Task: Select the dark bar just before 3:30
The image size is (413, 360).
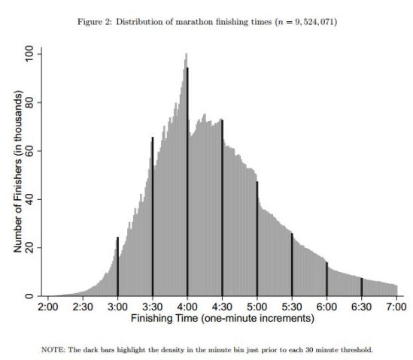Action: (x=153, y=217)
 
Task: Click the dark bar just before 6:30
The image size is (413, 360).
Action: (x=362, y=287)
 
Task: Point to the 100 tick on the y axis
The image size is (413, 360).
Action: (x=29, y=54)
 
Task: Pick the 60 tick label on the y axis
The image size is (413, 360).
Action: (x=29, y=151)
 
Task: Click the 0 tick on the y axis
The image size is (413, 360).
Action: (x=29, y=296)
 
